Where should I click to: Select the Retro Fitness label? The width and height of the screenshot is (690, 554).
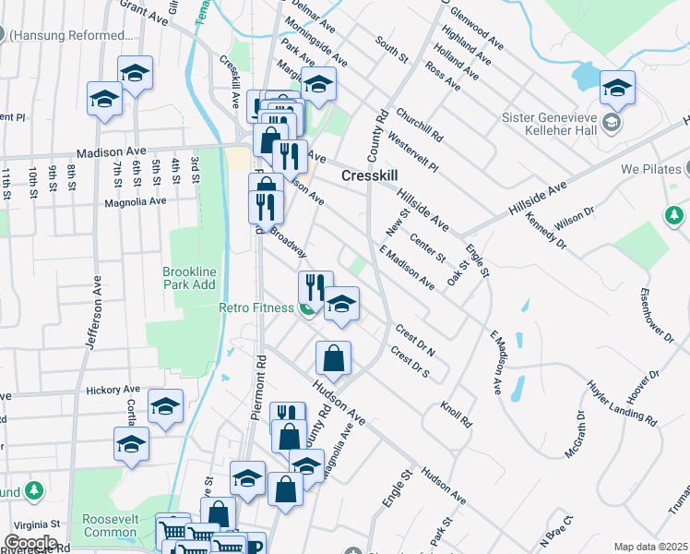coord(256,308)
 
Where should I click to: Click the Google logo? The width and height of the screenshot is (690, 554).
coord(30,543)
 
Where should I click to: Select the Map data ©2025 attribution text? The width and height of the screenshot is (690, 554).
coord(651,547)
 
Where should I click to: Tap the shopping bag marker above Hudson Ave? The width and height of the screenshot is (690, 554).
coord(333,358)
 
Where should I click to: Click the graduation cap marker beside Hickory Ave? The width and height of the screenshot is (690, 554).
coord(165,406)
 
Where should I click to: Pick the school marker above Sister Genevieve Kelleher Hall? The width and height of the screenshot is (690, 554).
coord(617,88)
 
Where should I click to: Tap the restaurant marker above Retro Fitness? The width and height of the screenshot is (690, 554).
coord(315,287)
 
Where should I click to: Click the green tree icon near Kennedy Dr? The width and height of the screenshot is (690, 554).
coord(674,216)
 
